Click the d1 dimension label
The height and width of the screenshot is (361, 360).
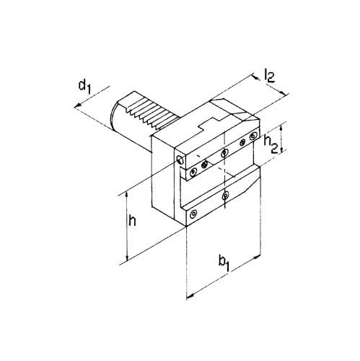tap(84, 87)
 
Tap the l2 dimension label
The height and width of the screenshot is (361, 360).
tap(269, 76)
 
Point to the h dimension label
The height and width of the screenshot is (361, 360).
tap(132, 221)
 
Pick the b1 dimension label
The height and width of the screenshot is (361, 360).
tap(224, 264)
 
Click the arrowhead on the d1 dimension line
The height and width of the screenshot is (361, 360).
tap(77, 105)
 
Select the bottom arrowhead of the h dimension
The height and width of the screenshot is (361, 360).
tap(127, 258)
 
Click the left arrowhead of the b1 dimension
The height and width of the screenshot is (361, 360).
tap(190, 296)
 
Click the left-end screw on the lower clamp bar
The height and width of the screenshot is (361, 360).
tap(193, 214)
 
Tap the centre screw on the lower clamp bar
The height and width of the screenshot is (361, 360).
tap(225, 196)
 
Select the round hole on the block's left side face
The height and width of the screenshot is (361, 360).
tap(180, 159)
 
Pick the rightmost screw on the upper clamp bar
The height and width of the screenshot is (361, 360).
tap(253, 137)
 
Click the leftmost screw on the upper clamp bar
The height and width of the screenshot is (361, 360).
tap(193, 172)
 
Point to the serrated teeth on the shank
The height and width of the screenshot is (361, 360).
tap(152, 113)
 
